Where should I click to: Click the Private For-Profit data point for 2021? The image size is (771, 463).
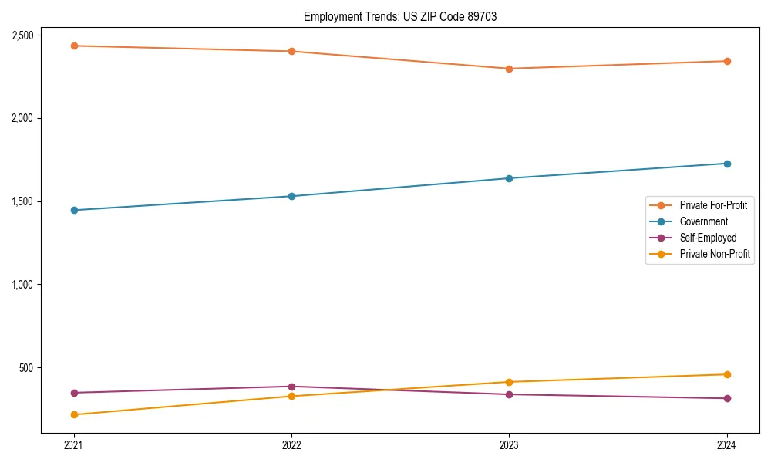pos(74,46)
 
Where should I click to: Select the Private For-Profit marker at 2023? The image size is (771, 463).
pos(509,69)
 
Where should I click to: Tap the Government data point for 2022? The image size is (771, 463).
pos(291,196)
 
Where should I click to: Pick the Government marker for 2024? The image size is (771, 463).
pos(726,164)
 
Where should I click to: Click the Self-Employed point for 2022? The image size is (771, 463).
pos(291,387)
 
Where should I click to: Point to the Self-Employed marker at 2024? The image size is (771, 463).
pos(726,398)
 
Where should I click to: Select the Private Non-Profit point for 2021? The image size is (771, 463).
pos(74,414)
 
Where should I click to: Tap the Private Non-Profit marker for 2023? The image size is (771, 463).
pos(509,382)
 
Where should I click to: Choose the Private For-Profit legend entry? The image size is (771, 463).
pos(713,205)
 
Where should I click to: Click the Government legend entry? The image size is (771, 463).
pos(703,221)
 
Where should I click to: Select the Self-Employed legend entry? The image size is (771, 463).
pos(708,238)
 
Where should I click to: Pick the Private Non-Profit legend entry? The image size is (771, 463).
pos(715,254)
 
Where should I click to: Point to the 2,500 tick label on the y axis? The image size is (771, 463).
pos(22,35)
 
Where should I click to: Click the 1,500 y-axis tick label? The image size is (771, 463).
pos(22,201)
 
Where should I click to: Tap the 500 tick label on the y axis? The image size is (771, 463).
pos(29,367)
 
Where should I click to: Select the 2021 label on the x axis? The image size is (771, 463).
pos(74,444)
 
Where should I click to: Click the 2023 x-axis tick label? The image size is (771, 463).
pos(509,444)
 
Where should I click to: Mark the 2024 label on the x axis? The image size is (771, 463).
pos(726,444)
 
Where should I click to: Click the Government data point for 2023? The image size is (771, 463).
pos(509,178)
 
